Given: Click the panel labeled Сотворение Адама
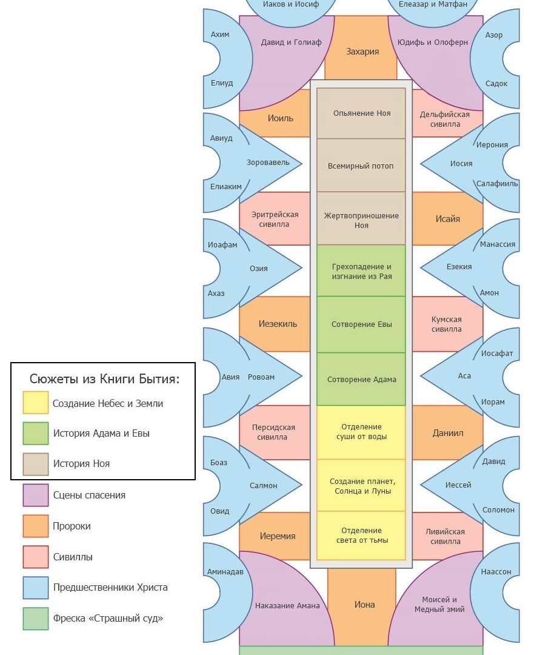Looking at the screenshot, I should pyautogui.click(x=361, y=380).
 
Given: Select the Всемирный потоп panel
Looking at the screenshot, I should pyautogui.click(x=361, y=166).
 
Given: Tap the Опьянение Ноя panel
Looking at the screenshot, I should pyautogui.click(x=361, y=113).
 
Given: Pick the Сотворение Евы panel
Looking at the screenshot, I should pyautogui.click(x=361, y=324).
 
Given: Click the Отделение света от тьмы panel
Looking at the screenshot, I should pyautogui.click(x=361, y=536).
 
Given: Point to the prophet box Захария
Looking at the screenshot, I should pyautogui.click(x=362, y=52).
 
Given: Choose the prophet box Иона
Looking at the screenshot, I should pyautogui.click(x=364, y=605).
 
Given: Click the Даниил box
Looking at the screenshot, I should pyautogui.click(x=448, y=433).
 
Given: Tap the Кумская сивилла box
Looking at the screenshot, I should pyautogui.click(x=447, y=324).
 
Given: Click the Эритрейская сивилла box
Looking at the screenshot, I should pyautogui.click(x=275, y=219).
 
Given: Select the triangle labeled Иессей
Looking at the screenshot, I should pyautogui.click(x=458, y=485).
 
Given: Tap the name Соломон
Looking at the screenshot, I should pyautogui.click(x=498, y=510).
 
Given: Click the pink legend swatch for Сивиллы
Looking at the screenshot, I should pyautogui.click(x=36, y=557).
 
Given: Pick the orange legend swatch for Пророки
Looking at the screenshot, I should pyautogui.click(x=36, y=526).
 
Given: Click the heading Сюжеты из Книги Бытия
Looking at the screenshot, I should pyautogui.click(x=104, y=380).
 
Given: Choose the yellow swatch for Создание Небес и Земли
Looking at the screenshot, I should pyautogui.click(x=36, y=403).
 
